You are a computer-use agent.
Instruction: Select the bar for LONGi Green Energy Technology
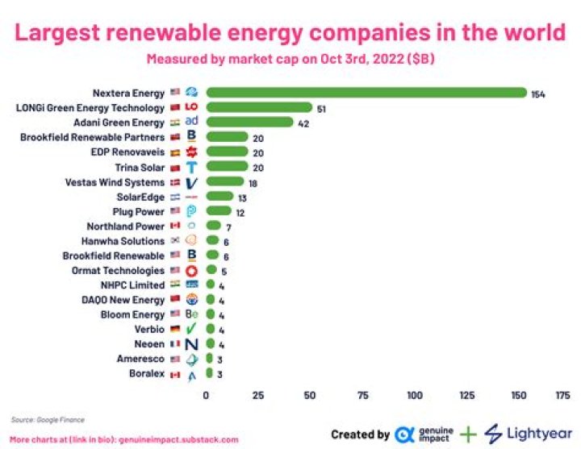(258, 107)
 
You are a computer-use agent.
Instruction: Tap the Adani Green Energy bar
(249, 122)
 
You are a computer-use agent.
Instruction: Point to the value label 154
(538, 94)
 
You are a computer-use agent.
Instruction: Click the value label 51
(321, 108)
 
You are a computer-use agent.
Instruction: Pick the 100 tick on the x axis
(415, 396)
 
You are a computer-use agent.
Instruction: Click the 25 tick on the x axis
(258, 396)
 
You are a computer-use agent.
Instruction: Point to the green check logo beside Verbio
(191, 330)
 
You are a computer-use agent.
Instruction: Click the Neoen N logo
(191, 344)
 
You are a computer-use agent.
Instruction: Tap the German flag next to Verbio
(175, 330)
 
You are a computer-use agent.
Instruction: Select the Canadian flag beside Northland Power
(175, 227)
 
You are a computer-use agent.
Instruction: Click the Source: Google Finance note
(48, 420)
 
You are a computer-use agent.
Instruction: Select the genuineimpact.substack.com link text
(178, 440)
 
